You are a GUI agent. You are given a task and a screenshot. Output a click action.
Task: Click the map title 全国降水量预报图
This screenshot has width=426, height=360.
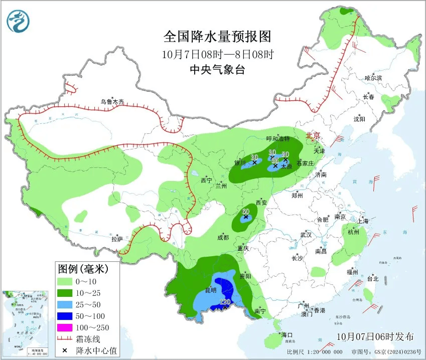(217, 37)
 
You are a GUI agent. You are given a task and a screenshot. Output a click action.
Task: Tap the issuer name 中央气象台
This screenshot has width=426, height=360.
(217, 70)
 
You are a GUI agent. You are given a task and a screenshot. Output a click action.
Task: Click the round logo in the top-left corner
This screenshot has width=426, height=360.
(18, 21)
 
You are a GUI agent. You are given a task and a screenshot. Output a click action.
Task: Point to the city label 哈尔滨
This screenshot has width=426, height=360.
(373, 78)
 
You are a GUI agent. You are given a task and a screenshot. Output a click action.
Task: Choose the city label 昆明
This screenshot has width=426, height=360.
(211, 290)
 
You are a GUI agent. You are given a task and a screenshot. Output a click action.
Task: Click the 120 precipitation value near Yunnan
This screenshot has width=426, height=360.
(225, 302)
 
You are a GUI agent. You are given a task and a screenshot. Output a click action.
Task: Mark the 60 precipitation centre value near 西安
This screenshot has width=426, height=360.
(245, 212)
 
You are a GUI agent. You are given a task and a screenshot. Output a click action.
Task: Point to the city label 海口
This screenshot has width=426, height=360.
(287, 334)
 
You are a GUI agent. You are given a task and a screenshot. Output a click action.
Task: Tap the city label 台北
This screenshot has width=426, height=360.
(372, 279)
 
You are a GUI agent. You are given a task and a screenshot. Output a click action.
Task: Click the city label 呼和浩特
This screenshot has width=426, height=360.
(278, 138)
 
